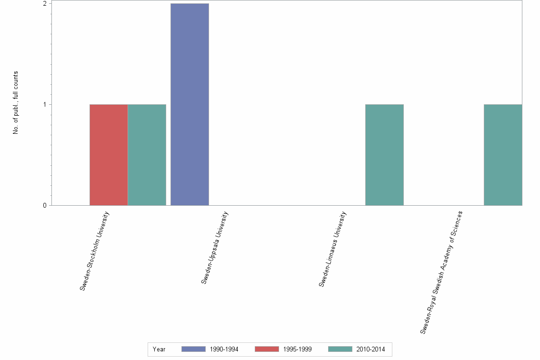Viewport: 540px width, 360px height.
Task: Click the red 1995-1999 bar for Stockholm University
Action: [x=109, y=155]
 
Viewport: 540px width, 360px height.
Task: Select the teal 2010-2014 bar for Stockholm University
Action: [x=147, y=155]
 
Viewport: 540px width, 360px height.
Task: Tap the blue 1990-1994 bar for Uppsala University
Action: [x=190, y=104]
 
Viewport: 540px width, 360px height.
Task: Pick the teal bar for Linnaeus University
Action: [x=384, y=155]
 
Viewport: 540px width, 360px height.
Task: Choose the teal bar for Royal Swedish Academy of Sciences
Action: [x=503, y=155]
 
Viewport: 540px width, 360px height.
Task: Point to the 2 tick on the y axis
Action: [x=45, y=4]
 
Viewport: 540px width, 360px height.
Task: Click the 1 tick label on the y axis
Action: [x=45, y=105]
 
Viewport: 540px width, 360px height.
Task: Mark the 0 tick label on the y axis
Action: [x=45, y=206]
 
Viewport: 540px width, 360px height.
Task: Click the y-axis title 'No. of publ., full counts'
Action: [x=16, y=102]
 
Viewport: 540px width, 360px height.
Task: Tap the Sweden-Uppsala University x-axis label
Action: [x=215, y=248]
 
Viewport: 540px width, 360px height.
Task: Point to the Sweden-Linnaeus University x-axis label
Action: [x=332, y=249]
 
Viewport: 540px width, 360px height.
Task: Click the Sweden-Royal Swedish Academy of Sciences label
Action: [x=441, y=272]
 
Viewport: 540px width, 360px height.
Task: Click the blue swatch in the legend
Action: [x=193, y=349]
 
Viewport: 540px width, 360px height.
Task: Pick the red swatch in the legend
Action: [x=267, y=349]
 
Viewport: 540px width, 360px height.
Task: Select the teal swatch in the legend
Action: [x=340, y=349]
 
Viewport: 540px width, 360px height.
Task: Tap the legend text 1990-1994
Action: [x=224, y=350]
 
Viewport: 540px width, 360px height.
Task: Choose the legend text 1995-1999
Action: [x=297, y=350]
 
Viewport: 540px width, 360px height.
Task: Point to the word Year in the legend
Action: [x=159, y=350]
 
